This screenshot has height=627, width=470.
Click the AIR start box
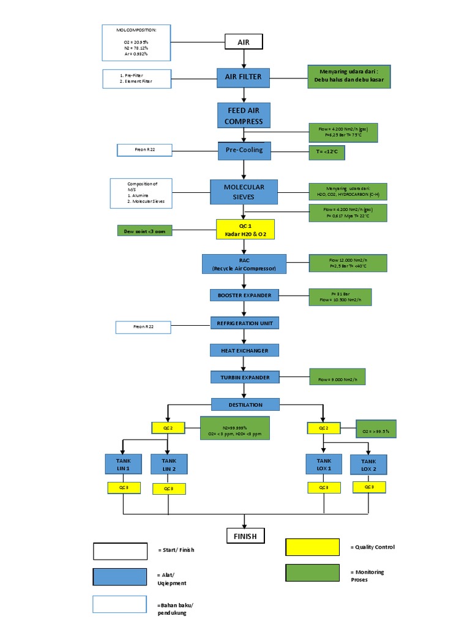tap(244, 42)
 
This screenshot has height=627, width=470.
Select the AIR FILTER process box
tap(244, 77)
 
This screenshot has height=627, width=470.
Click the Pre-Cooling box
tap(244, 150)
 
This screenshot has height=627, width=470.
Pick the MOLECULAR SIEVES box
tap(244, 191)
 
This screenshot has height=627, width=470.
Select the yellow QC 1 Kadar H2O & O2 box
tap(244, 230)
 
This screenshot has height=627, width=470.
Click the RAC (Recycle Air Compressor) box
tap(244, 264)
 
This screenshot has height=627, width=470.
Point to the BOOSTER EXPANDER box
tap(244, 295)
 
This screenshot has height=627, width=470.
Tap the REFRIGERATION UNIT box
tap(244, 323)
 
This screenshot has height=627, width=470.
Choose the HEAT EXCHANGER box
tap(244, 350)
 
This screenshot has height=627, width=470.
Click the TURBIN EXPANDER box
tap(244, 378)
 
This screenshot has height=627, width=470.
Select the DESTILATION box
tap(245, 405)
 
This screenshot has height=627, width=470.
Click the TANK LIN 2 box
tap(168, 465)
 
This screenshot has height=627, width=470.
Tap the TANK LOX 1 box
tap(324, 464)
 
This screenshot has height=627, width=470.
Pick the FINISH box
tap(245, 536)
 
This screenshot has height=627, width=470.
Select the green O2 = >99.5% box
tap(376, 429)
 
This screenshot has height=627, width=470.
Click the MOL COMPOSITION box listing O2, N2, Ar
tap(136, 43)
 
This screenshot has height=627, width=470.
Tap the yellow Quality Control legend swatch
tap(312, 547)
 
